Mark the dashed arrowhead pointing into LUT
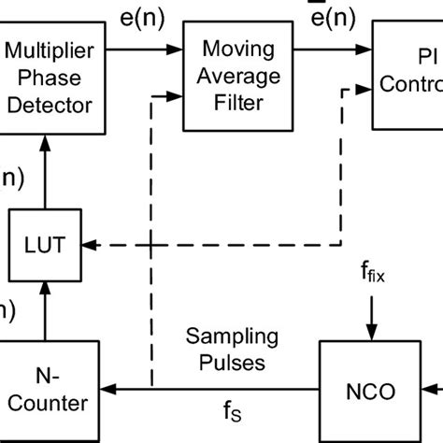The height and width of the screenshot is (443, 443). (90, 245)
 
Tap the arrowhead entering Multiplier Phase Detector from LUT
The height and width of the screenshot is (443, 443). (46, 140)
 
